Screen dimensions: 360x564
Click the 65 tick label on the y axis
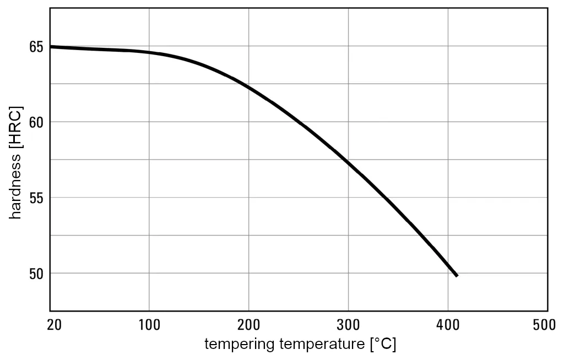pyautogui.click(x=36, y=46)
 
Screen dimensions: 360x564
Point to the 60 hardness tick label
pyautogui.click(x=36, y=122)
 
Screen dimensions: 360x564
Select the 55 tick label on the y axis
pyautogui.click(x=36, y=198)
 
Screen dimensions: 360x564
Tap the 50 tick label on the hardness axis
pyautogui.click(x=36, y=274)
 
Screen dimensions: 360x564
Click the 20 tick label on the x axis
pyautogui.click(x=53, y=325)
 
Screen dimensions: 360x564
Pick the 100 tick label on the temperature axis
pyautogui.click(x=149, y=325)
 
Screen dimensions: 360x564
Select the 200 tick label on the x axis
pyautogui.click(x=248, y=325)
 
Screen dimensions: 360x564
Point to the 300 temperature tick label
pyautogui.click(x=348, y=325)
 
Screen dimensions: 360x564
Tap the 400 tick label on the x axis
pyautogui.click(x=448, y=325)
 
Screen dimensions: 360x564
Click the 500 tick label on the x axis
pyautogui.click(x=545, y=325)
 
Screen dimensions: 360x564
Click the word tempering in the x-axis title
pyautogui.click(x=240, y=345)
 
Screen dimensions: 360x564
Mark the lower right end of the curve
pyautogui.click(x=457, y=275)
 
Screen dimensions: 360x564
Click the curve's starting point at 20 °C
pyautogui.click(x=51, y=47)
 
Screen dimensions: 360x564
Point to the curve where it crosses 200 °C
pyautogui.click(x=248, y=87)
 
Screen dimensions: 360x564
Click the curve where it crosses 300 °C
pyautogui.click(x=348, y=161)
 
